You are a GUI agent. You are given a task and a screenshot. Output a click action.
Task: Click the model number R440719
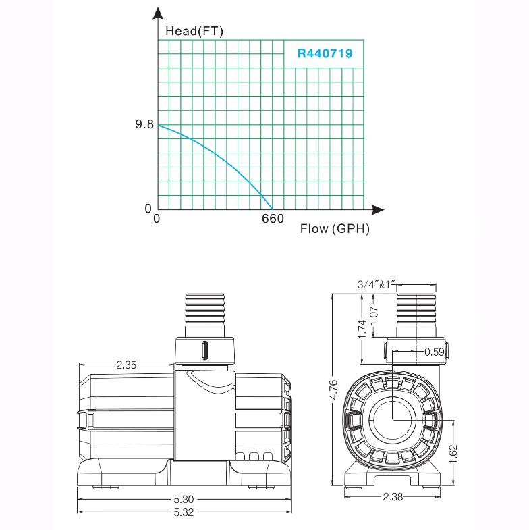[x=325, y=53]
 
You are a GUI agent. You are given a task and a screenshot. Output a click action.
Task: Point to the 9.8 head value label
[x=144, y=124]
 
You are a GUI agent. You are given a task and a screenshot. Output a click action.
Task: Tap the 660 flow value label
[x=273, y=219]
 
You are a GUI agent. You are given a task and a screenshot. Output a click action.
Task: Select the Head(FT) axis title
[x=194, y=31]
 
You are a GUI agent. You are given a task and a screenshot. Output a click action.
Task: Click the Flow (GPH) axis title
[x=335, y=228]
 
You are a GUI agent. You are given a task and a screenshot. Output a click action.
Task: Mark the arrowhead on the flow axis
[x=378, y=210]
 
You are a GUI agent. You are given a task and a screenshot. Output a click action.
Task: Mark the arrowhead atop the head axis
[x=158, y=14]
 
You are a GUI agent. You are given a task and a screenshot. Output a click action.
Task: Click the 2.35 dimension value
[x=126, y=365]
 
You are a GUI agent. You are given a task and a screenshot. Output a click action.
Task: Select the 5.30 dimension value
[x=184, y=499]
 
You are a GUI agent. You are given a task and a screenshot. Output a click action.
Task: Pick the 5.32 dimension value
[x=184, y=512]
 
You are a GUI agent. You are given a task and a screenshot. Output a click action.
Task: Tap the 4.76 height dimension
[x=333, y=390]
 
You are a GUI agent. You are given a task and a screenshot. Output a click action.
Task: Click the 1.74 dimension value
[x=362, y=329]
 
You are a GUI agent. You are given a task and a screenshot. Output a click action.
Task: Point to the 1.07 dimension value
[x=374, y=315]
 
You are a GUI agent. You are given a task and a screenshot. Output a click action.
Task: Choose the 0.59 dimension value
[x=435, y=352]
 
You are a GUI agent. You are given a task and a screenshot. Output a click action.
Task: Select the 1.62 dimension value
[x=453, y=454]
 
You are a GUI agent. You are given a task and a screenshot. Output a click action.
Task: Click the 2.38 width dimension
[x=393, y=496]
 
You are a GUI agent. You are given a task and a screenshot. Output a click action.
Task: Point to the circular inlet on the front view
[x=393, y=419]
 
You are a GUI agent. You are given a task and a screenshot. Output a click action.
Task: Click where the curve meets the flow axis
[x=273, y=209]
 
